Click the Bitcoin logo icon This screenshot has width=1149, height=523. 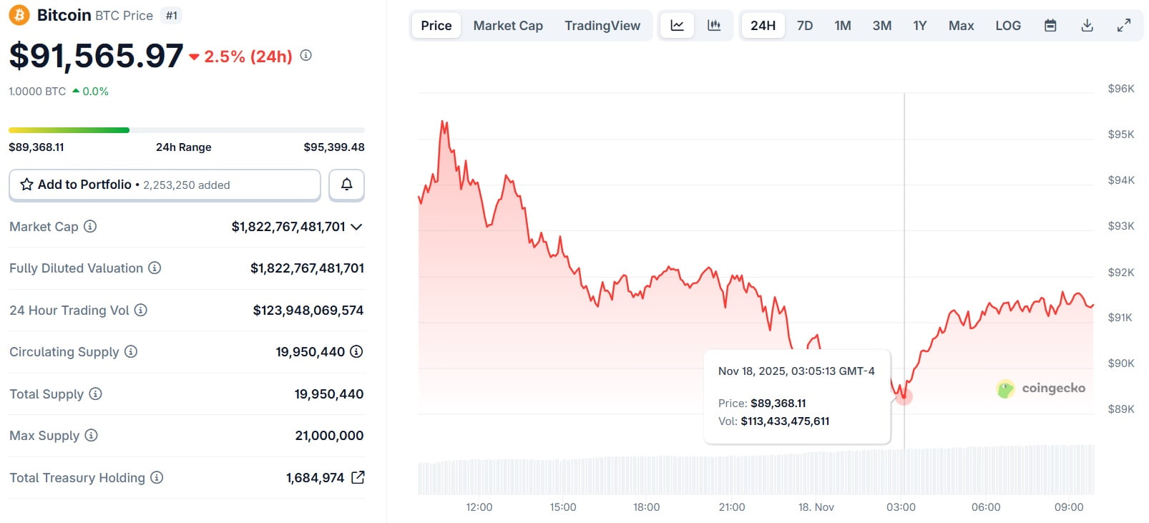[x=19, y=15]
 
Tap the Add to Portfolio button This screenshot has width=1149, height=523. [x=165, y=185]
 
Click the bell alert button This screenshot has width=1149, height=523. [x=346, y=185]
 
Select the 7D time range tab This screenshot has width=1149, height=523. [x=805, y=26]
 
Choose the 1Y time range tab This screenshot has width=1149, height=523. [x=919, y=26]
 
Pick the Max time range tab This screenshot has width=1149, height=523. [x=961, y=26]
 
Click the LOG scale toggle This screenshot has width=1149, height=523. [x=1008, y=26]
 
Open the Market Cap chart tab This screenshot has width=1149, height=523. [x=508, y=26]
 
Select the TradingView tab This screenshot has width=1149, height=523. [x=602, y=26]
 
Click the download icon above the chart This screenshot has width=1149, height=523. [x=1087, y=26]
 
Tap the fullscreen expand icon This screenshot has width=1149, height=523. [x=1124, y=26]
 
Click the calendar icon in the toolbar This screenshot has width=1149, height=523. [x=1050, y=26]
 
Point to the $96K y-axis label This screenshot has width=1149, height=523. [x=1120, y=89]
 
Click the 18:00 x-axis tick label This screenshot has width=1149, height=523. [x=646, y=507]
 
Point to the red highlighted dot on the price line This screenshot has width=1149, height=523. [x=904, y=396]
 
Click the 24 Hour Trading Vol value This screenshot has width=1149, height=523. [x=308, y=311]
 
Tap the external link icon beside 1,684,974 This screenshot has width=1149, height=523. [x=358, y=477]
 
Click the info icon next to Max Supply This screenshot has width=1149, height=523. [x=91, y=435]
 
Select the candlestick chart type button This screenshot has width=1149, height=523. [x=714, y=26]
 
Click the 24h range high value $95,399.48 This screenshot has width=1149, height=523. [x=334, y=147]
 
